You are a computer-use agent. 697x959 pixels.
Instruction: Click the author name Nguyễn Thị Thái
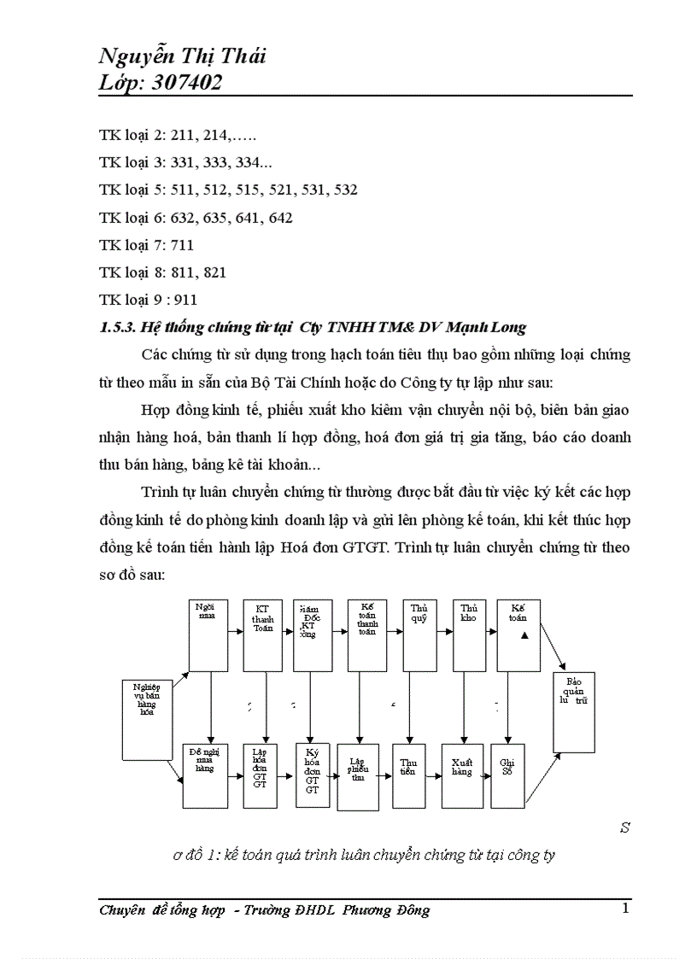coord(182,56)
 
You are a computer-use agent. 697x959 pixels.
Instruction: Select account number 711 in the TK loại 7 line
coord(183,245)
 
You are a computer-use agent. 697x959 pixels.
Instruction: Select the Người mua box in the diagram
coord(208,634)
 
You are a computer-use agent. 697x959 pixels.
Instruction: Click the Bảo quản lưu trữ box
coord(574,711)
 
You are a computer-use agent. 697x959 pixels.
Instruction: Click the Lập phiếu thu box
coord(359,775)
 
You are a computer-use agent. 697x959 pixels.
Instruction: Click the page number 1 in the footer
coord(626,908)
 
